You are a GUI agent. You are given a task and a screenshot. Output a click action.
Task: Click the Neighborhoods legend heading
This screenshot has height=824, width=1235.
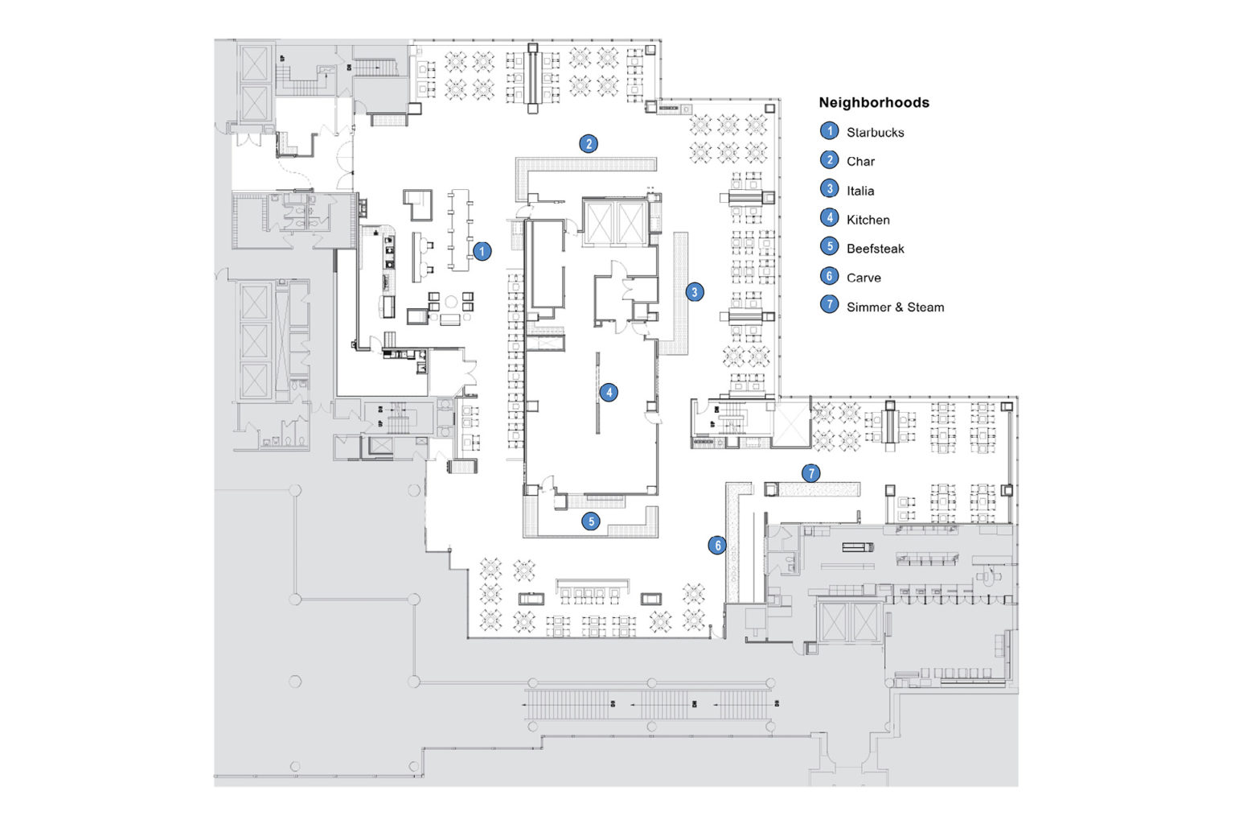click(873, 102)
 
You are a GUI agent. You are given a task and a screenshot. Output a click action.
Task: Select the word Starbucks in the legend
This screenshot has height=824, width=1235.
click(875, 132)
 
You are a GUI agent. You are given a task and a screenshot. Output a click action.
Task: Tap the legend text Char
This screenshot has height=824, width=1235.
click(860, 161)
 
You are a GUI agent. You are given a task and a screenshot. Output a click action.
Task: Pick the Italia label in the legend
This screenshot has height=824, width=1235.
click(860, 191)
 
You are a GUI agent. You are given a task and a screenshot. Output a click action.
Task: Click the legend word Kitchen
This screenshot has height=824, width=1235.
click(868, 220)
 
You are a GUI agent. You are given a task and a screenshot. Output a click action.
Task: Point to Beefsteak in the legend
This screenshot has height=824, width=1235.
click(875, 249)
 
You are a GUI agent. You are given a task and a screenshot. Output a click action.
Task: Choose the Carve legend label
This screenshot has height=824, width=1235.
click(864, 278)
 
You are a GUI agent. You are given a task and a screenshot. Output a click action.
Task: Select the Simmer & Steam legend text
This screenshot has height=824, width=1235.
click(895, 307)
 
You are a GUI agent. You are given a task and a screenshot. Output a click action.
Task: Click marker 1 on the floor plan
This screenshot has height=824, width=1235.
click(482, 251)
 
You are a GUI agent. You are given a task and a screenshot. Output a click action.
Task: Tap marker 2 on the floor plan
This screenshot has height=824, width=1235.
click(589, 144)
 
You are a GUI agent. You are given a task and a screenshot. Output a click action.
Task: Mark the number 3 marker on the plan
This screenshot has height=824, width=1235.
click(695, 292)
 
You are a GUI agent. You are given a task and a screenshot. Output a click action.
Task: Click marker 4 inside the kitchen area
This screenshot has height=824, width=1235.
click(609, 393)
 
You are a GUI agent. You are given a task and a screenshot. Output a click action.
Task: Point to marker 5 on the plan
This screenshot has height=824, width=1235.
click(591, 521)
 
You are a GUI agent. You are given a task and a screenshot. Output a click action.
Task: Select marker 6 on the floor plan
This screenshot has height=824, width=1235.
click(717, 546)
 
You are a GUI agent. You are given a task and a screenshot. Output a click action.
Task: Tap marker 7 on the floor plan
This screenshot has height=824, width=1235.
click(810, 473)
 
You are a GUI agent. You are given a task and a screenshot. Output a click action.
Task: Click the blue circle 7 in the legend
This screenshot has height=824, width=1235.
click(829, 305)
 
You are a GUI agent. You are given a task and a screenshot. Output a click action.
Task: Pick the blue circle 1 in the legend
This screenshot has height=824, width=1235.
click(829, 131)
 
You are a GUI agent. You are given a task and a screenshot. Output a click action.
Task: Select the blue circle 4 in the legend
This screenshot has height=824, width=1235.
click(829, 218)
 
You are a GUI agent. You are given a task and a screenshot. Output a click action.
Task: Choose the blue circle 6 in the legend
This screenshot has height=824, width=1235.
click(829, 276)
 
